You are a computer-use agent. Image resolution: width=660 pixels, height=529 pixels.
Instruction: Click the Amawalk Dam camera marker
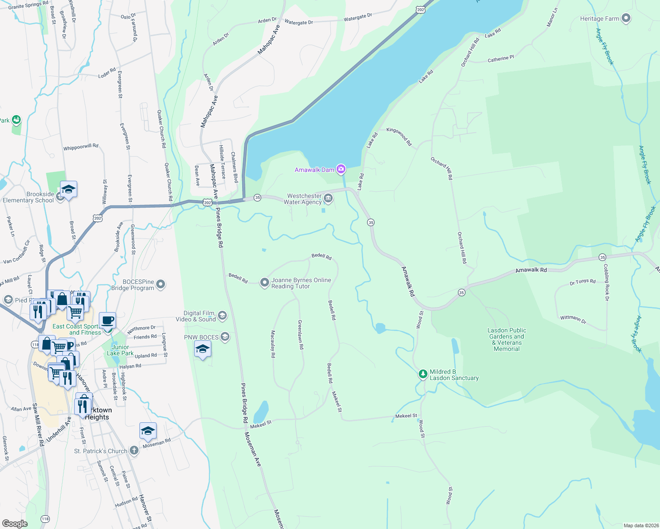341,169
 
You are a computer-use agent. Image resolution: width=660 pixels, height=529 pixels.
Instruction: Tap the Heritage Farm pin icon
626,19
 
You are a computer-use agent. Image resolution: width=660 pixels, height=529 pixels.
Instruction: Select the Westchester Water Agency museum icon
328,199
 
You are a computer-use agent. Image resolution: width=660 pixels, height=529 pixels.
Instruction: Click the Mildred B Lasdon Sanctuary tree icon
423,374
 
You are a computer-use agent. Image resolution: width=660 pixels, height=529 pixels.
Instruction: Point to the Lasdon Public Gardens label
506,339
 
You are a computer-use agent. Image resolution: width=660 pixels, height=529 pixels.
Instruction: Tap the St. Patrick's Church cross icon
134,451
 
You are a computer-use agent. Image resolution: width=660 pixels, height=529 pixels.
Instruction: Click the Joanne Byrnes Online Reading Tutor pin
264,283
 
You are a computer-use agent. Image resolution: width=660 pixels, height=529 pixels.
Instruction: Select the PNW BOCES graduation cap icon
225,337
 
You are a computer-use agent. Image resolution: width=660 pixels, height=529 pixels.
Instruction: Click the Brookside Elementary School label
28,197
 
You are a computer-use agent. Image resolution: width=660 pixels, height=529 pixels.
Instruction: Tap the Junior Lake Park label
120,350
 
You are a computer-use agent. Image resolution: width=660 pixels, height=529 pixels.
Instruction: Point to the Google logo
15,524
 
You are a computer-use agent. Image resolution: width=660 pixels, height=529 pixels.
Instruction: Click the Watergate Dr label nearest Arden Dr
299,22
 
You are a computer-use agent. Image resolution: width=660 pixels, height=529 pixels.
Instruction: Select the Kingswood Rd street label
399,137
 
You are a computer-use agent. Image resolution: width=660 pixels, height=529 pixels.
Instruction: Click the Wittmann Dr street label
573,319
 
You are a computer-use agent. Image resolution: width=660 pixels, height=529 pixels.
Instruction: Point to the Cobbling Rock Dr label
607,283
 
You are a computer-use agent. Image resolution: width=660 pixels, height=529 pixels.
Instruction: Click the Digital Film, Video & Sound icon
222,315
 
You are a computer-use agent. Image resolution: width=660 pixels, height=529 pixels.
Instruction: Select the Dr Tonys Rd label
582,282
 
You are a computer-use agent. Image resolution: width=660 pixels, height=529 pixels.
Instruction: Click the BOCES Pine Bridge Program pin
161,284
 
